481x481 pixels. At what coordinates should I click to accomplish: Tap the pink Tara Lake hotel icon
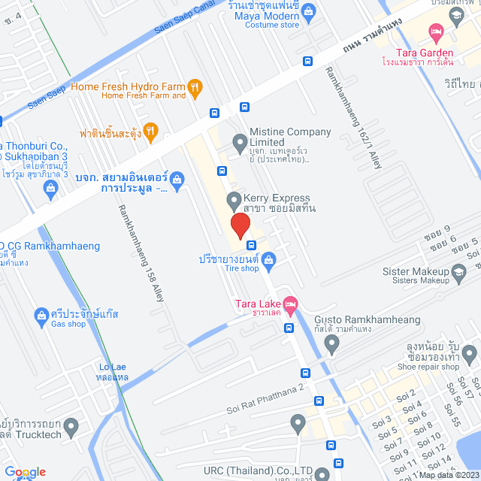click(x=291, y=304)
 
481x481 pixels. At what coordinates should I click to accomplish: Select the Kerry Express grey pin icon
click(x=233, y=201)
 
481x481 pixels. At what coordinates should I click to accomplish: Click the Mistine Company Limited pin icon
click(x=240, y=141)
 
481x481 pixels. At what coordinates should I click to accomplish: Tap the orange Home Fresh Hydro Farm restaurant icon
click(x=195, y=87)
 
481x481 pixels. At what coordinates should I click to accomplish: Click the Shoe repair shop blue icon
click(x=470, y=352)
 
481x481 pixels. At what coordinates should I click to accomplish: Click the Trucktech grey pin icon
click(x=71, y=428)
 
